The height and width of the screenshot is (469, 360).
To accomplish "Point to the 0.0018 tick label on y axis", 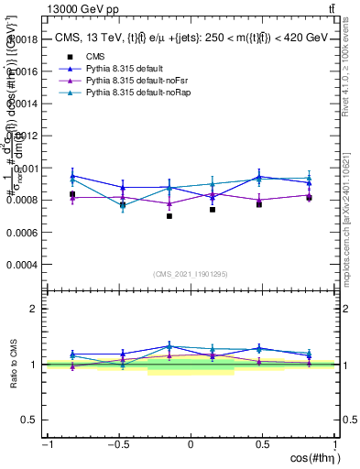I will [24, 40].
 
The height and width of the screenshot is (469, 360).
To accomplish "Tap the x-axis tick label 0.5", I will [262, 444].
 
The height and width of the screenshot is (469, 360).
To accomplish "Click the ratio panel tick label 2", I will [35, 309].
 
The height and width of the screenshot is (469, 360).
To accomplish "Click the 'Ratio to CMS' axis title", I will [13, 365].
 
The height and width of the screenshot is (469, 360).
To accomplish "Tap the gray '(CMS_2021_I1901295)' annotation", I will [191, 275].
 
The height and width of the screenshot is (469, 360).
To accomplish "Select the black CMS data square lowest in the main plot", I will [169, 216].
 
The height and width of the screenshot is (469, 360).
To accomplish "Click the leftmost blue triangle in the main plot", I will [72, 176].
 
